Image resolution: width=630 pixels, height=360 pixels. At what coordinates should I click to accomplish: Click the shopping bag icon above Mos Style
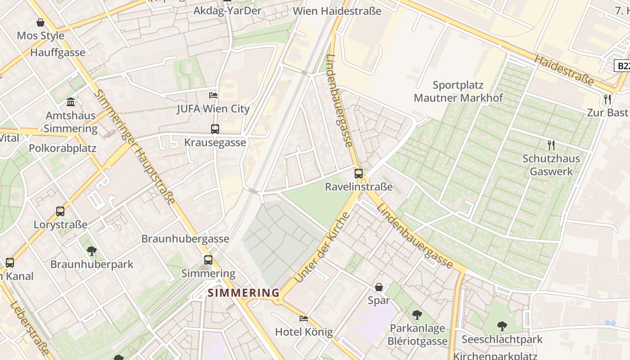coord(40,22)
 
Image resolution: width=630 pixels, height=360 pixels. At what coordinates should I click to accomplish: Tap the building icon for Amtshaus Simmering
coord(71,102)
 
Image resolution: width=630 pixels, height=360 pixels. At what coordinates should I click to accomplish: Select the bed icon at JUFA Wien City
coord(213,95)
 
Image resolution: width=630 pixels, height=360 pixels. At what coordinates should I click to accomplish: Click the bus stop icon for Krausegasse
coord(215,129)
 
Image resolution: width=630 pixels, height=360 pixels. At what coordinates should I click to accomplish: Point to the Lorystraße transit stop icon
coord(60,211)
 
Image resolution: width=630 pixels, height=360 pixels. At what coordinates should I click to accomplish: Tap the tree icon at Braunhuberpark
coord(92,251)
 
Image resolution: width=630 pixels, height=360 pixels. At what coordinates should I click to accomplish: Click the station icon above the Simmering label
coord(208,260)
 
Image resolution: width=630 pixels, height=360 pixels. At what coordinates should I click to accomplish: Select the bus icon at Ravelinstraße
coord(359,173)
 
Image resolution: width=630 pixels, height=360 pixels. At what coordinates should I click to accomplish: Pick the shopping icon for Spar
coord(379,287)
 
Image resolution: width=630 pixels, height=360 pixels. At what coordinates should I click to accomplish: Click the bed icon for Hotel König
coord(304,319)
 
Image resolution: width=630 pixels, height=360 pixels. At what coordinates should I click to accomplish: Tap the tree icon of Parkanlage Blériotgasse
coord(417,315)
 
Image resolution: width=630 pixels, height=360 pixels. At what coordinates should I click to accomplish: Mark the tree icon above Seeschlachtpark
coord(502,326)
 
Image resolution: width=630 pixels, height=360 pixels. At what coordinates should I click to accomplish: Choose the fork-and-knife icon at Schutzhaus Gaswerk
coord(551,145)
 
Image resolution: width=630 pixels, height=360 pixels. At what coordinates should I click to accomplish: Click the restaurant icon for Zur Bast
coord(607,99)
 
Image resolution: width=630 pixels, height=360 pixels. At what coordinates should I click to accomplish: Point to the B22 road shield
coord(622,66)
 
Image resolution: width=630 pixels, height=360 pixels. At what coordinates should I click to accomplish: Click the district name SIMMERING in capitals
coord(243,293)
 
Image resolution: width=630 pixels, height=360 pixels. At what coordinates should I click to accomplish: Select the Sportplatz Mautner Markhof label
coord(458,91)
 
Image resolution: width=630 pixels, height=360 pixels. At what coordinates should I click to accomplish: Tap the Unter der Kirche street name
coord(322,247)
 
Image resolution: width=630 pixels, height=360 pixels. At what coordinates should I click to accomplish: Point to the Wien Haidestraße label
coord(337,11)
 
